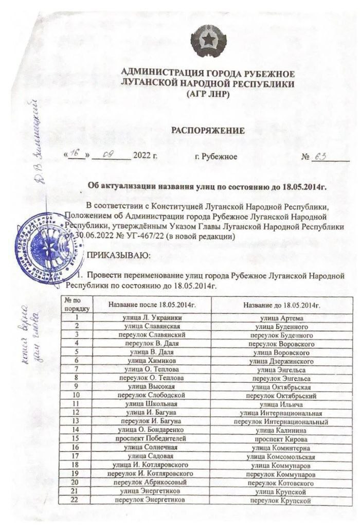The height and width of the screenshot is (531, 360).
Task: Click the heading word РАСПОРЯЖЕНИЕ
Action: pyautogui.click(x=207, y=131)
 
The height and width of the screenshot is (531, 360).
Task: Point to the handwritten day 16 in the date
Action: pyautogui.click(x=77, y=154)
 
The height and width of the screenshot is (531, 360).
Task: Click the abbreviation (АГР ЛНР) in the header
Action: pyautogui.click(x=207, y=95)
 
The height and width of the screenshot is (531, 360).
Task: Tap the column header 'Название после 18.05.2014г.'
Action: pyautogui.click(x=152, y=305)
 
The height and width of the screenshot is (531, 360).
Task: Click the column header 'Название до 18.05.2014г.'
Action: pyautogui.click(x=282, y=305)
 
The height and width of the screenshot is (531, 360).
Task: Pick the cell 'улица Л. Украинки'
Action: pyautogui.click(x=152, y=318)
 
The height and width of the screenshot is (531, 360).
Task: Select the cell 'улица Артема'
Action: pyautogui.click(x=282, y=318)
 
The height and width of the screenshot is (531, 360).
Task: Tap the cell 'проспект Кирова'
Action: pyautogui.click(x=282, y=439)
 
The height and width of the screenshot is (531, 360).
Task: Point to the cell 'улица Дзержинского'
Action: pyautogui.click(x=282, y=361)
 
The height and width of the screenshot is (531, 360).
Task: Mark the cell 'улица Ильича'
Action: pyautogui.click(x=282, y=404)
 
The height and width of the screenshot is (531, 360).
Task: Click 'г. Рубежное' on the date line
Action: pyautogui.click(x=216, y=155)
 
